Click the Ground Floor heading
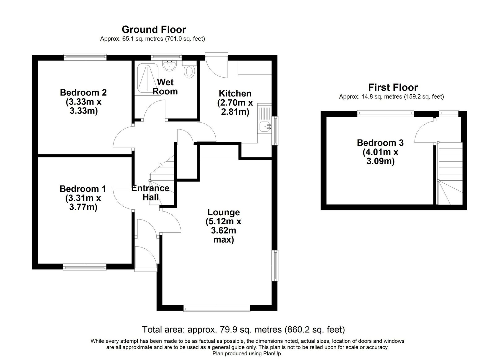[x=154, y=30]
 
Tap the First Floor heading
[x=393, y=88]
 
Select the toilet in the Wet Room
[x=189, y=69]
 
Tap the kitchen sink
[x=265, y=127]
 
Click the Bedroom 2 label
[x=83, y=92]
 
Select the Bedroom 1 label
[x=83, y=189]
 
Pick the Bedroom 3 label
[x=380, y=143]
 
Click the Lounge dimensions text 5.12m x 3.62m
[x=223, y=226]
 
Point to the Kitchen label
[x=235, y=93]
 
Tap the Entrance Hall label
[x=150, y=193]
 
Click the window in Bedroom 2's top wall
[x=85, y=57]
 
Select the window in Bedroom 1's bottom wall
[x=85, y=267]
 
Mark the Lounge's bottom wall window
[x=217, y=308]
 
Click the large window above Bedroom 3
[x=385, y=114]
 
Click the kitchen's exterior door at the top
[x=216, y=65]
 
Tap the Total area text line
[x=243, y=329]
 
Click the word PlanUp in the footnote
[x=272, y=354]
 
